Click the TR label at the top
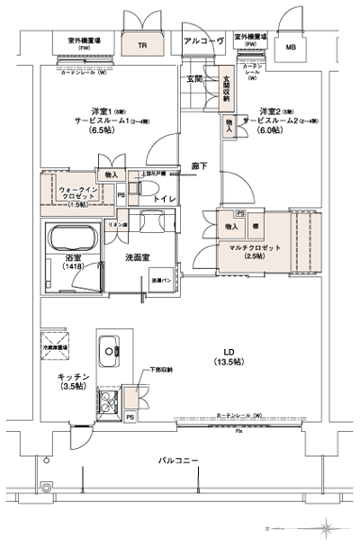click(x=142, y=45)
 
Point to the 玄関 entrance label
click(x=194, y=80)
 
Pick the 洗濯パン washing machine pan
click(x=163, y=280)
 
